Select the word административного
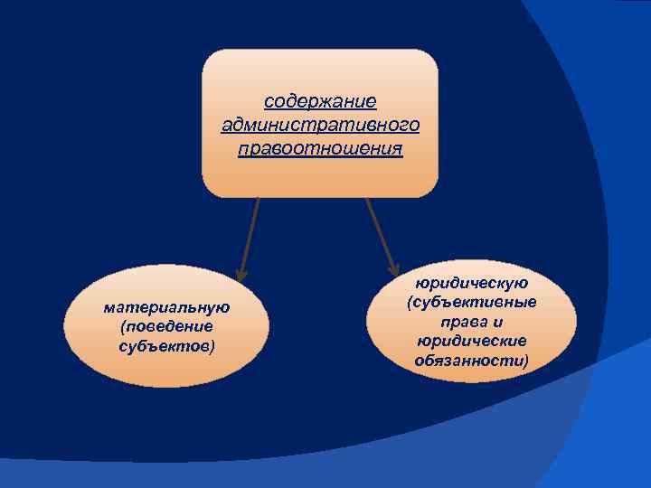(320, 123)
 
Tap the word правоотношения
(320, 146)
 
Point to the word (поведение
(167, 325)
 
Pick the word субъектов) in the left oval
(167, 344)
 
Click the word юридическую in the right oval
(472, 283)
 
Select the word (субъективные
(472, 302)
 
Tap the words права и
(472, 321)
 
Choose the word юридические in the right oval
(472, 341)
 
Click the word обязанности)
(472, 360)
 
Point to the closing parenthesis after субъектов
(213, 345)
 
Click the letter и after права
(498, 321)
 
